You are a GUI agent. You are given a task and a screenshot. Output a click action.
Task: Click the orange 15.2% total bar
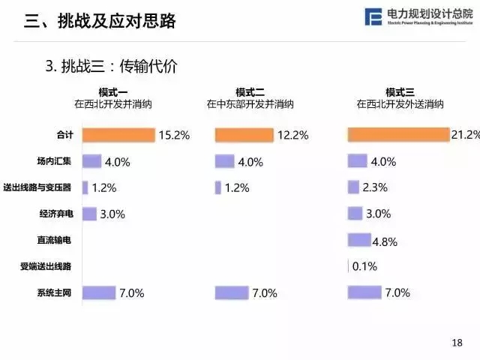click(x=118, y=135)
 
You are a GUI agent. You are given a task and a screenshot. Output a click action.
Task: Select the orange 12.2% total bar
click(x=244, y=135)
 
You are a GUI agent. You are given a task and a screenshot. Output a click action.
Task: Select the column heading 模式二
click(x=248, y=92)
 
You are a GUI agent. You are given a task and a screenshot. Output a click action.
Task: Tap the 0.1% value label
click(x=364, y=266)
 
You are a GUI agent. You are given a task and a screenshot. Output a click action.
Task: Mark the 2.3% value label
click(x=375, y=187)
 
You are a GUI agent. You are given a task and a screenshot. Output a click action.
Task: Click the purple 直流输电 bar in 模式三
click(x=359, y=240)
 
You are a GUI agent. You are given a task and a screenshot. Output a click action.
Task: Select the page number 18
click(x=457, y=343)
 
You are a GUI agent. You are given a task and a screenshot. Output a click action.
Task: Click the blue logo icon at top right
click(x=373, y=17)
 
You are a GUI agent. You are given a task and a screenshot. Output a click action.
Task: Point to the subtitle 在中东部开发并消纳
click(x=248, y=104)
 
